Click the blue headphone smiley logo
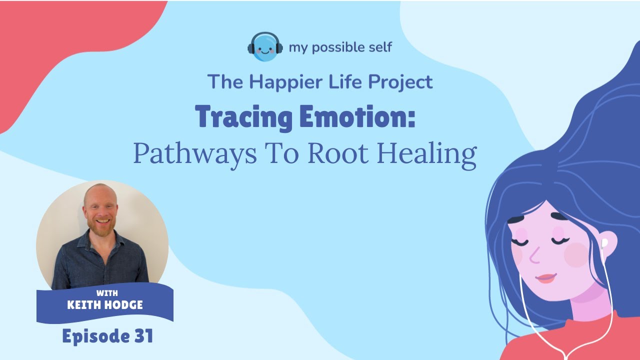point(265,46)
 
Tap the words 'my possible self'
point(340,47)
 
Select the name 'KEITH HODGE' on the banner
point(105,305)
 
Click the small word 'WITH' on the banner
point(105,293)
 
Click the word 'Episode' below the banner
point(92,336)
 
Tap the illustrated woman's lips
point(546,278)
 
